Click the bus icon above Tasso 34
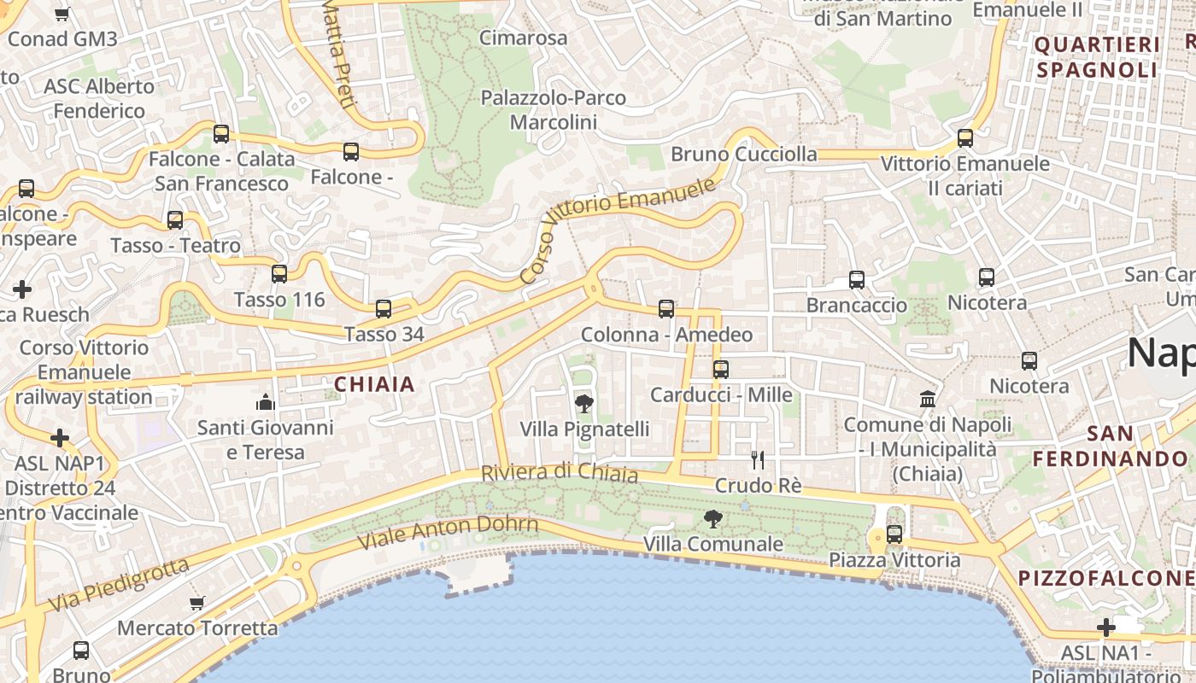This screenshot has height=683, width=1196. pyautogui.click(x=384, y=309)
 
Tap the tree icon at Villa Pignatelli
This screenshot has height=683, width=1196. pyautogui.click(x=584, y=404)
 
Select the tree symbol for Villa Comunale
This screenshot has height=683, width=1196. pyautogui.click(x=712, y=518)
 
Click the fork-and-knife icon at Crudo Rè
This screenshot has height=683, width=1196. pyautogui.click(x=757, y=460)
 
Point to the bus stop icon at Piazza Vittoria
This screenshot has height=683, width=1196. pyautogui.click(x=894, y=534)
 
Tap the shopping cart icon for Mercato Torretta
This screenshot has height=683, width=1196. pyautogui.click(x=197, y=603)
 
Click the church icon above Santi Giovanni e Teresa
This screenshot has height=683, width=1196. pyautogui.click(x=266, y=401)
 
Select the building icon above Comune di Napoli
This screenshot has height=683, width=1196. pyautogui.click(x=927, y=399)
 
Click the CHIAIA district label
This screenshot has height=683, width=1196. pyautogui.click(x=374, y=384)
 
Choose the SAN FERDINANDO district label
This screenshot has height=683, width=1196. pyautogui.click(x=1111, y=446)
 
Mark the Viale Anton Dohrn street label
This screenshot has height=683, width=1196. pyautogui.click(x=448, y=533)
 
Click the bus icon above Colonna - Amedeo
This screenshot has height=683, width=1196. pyautogui.click(x=666, y=309)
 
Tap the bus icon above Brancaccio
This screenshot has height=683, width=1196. pyautogui.click(x=857, y=280)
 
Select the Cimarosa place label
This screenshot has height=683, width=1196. pyautogui.click(x=523, y=38)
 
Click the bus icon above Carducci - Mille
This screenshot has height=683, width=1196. pyautogui.click(x=721, y=370)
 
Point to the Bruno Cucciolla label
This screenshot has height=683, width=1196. pyautogui.click(x=743, y=155)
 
